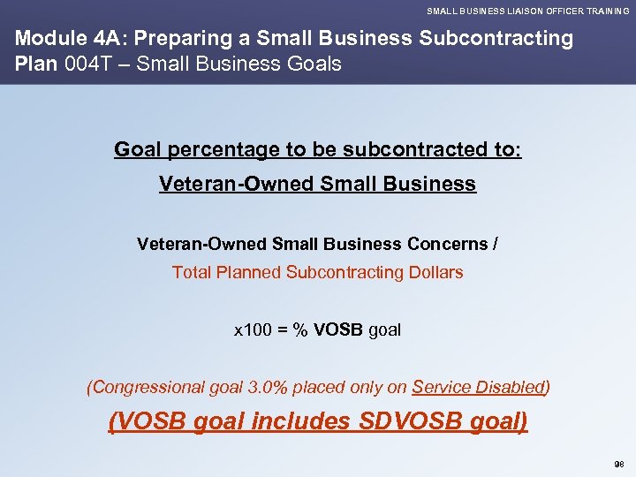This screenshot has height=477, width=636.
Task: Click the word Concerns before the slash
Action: (447, 243)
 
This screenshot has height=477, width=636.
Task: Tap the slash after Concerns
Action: (496, 243)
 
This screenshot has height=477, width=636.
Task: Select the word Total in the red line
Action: (190, 272)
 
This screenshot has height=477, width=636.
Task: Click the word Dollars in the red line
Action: (432, 272)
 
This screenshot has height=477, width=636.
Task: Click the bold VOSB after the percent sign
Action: (338, 330)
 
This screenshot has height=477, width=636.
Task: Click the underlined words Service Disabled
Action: (478, 387)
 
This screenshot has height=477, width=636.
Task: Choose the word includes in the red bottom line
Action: (301, 421)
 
